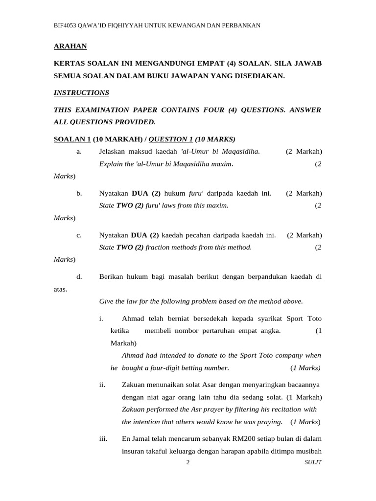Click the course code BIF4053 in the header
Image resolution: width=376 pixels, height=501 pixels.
[67, 25]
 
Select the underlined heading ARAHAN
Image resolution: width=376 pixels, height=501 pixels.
[70, 46]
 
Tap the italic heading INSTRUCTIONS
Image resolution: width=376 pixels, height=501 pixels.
[81, 92]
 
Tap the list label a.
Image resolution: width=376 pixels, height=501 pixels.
[79, 152]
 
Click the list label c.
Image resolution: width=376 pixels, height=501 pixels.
[79, 235]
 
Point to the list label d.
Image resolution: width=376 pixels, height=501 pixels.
[79, 276]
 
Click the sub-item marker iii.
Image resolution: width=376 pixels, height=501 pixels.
[103, 439]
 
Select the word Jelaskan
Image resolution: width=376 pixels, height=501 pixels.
[114, 152]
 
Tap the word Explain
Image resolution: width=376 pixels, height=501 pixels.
[112, 164]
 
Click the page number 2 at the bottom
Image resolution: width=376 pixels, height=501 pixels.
[188, 463]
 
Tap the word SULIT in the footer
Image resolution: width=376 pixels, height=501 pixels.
[313, 463]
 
